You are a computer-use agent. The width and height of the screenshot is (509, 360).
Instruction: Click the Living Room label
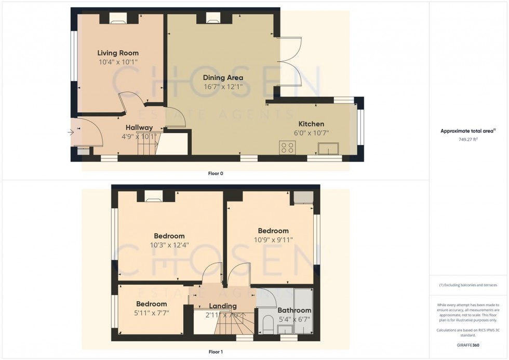[118, 53]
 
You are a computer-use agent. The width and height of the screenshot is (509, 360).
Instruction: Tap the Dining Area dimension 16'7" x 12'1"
[223, 87]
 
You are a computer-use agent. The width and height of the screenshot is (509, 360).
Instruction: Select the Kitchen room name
[311, 124]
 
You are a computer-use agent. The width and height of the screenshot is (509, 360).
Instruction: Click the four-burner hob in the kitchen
[287, 148]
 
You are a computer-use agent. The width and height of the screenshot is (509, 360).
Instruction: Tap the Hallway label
[139, 128]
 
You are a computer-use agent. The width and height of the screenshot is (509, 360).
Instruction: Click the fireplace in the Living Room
[117, 19]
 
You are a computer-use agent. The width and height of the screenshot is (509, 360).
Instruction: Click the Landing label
[223, 306]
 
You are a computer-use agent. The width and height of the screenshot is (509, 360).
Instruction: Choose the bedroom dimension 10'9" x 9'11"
[273, 239]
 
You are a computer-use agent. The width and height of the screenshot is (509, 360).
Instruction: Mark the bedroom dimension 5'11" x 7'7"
[152, 313]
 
